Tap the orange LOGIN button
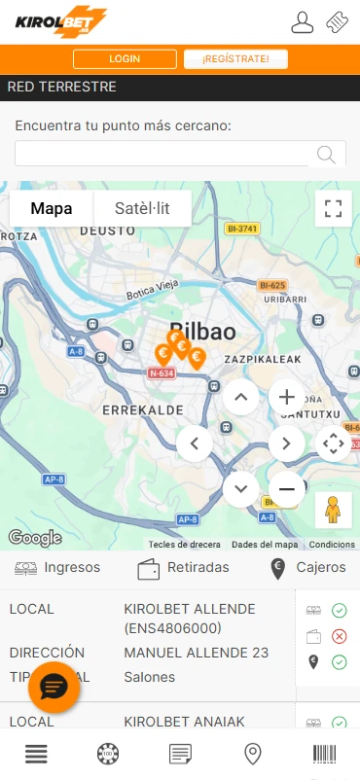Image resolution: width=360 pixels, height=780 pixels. [x=124, y=59]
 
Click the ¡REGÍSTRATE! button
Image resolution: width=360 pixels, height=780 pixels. [x=236, y=59]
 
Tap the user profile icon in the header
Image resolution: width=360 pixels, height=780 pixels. [x=303, y=21]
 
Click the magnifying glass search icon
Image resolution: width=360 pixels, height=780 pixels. [x=327, y=155]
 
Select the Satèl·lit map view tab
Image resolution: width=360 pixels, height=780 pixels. [x=142, y=208]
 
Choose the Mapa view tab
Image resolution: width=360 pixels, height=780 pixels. [x=52, y=208]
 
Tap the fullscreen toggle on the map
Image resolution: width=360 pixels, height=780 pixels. [x=334, y=208]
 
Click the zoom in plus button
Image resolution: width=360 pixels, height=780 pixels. [x=286, y=397]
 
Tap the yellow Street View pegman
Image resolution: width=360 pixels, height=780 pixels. [x=334, y=510]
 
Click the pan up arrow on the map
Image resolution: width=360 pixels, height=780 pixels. [x=241, y=397]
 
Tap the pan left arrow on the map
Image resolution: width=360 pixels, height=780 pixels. [x=195, y=443]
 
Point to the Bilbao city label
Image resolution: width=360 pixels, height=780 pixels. [x=202, y=331]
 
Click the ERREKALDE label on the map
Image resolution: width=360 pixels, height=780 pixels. [x=143, y=410]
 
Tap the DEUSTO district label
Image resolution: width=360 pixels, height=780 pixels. [x=106, y=230]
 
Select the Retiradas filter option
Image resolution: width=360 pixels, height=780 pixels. [x=184, y=567]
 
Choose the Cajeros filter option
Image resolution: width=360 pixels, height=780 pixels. [x=307, y=567]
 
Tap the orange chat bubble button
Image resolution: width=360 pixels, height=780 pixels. [x=54, y=688]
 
